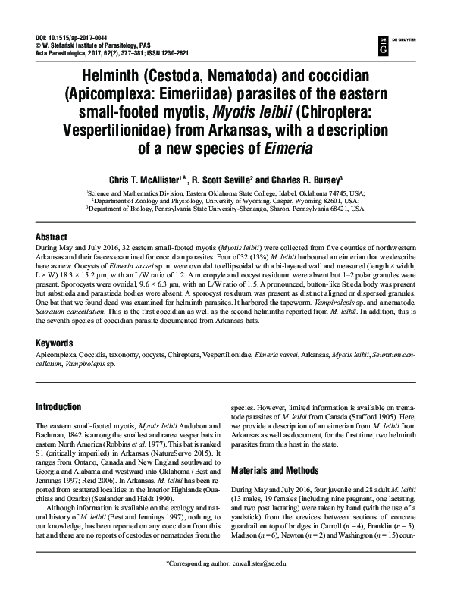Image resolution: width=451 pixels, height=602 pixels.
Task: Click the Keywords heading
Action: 59,343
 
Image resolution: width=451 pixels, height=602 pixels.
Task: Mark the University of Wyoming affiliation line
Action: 225,201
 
